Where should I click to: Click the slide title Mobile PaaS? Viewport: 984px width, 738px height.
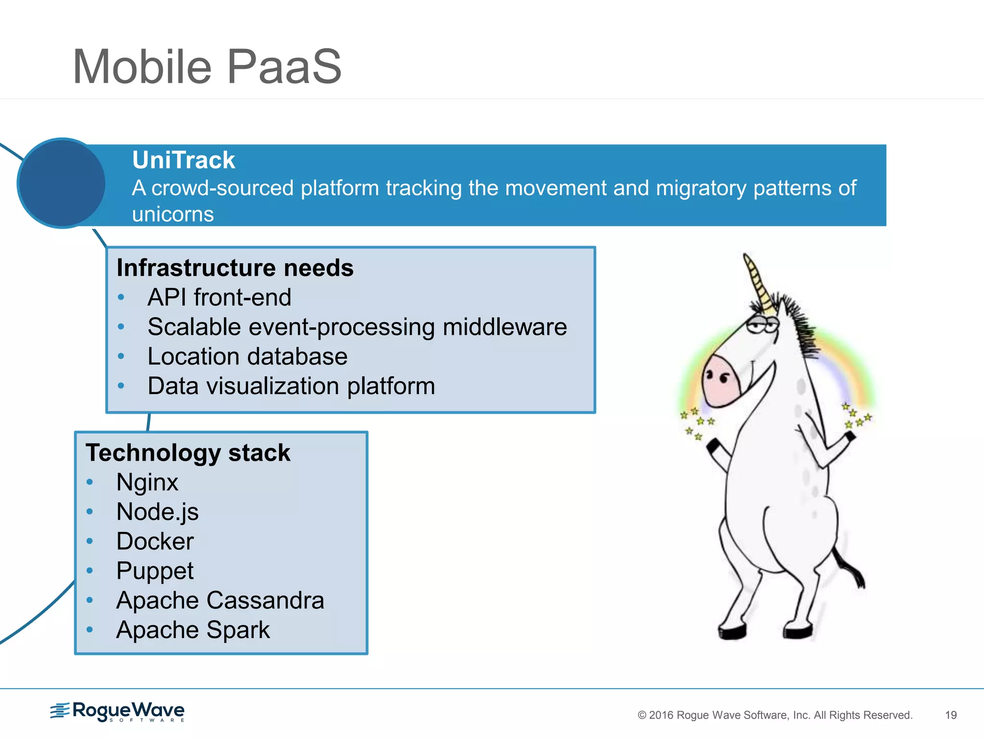(x=207, y=67)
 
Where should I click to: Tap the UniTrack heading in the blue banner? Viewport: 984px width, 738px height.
(x=184, y=160)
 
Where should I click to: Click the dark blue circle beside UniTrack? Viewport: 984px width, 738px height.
(x=61, y=183)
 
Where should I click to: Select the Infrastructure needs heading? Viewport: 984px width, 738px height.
(x=235, y=268)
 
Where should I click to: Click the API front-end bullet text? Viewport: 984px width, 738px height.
(x=219, y=297)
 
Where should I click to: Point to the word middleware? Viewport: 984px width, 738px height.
(x=504, y=327)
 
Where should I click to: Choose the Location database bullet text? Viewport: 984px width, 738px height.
(x=247, y=357)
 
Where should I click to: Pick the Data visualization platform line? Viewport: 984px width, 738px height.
(x=291, y=386)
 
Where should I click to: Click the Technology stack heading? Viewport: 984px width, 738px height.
(x=188, y=453)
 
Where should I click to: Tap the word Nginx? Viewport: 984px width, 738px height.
(x=147, y=482)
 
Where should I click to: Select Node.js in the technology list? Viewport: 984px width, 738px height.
(x=157, y=512)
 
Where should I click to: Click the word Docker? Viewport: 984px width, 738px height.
(x=155, y=541)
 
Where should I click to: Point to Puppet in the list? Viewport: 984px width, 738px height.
(x=155, y=571)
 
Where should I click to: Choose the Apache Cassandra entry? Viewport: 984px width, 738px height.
(x=220, y=601)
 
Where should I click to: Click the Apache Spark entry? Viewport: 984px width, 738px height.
(x=193, y=630)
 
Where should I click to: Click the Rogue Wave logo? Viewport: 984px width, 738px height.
(x=118, y=712)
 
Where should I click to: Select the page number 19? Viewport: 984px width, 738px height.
(x=950, y=715)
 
